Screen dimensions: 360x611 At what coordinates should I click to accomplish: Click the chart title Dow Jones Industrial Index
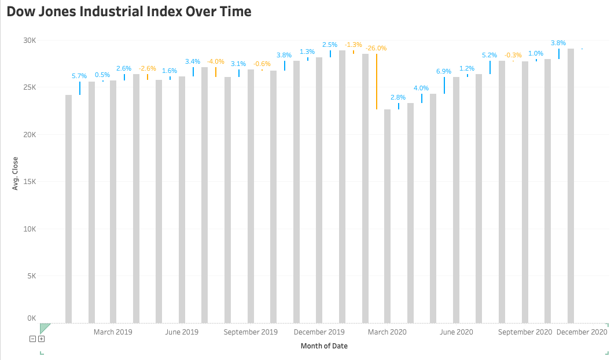129,12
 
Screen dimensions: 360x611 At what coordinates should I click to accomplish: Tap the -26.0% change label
376,48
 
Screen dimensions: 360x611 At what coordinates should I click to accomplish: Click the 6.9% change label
444,71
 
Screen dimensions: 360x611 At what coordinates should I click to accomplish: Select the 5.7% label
79,76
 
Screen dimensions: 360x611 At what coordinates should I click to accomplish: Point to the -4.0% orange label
216,61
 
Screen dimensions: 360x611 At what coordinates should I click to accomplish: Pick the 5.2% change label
489,55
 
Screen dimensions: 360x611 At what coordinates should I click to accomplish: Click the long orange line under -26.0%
377,81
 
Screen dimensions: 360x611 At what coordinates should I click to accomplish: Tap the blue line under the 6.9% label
444,85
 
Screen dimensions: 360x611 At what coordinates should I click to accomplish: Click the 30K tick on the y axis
30,40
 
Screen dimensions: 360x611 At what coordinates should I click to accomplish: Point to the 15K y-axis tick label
30,182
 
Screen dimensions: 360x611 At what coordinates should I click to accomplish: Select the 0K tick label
31,318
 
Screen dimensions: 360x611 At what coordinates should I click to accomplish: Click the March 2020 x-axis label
387,332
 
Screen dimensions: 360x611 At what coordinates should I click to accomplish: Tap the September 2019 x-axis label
251,332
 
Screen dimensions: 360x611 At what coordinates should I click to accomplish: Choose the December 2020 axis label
581,332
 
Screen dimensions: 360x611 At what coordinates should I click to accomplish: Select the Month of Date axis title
324,346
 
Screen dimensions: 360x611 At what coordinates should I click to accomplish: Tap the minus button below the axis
33,339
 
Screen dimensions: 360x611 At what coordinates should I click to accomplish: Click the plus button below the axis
41,339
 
